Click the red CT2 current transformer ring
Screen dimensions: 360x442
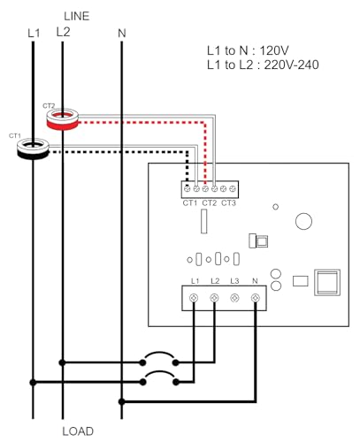tap(63, 125)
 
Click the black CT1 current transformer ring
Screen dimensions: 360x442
tap(33, 155)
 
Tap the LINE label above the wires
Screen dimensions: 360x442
tap(77, 16)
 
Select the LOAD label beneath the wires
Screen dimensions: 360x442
tap(78, 431)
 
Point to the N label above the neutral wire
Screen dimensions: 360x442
tap(122, 34)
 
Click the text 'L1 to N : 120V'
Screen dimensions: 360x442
tap(248, 50)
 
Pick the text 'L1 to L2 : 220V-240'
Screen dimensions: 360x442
tap(263, 65)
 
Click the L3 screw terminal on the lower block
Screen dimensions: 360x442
tap(234, 298)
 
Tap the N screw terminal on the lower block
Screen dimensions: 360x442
tap(255, 298)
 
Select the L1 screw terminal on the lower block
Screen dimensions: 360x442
tap(194, 298)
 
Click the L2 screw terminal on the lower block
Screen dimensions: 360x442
tap(214, 298)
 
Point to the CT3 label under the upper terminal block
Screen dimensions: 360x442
tap(228, 203)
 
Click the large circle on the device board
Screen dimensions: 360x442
tap(303, 221)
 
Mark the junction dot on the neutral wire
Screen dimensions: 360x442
tap(121, 401)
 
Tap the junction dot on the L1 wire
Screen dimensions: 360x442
tap(33, 383)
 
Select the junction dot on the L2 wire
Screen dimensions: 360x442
tap(62, 362)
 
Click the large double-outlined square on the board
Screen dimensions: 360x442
tap(327, 282)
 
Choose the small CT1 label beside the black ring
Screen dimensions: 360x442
tap(15, 136)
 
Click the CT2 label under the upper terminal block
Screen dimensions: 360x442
tap(210, 203)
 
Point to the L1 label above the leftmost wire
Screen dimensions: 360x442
tap(34, 34)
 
